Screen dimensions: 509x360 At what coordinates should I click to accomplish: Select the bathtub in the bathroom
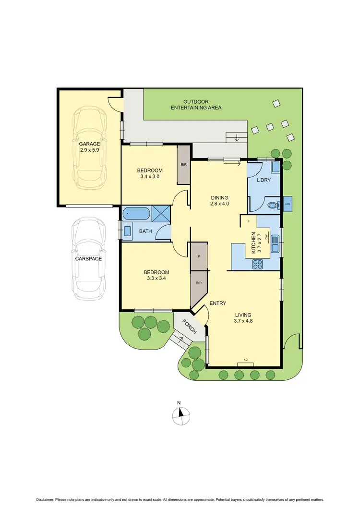click(137, 214)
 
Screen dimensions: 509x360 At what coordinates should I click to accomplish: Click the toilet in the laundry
click(272, 205)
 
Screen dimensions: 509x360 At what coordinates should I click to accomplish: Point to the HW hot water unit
click(288, 204)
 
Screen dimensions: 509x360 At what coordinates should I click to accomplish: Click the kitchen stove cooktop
click(258, 264)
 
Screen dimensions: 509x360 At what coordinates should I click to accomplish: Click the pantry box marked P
click(199, 256)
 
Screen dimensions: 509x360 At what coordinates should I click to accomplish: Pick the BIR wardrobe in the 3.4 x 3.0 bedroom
click(184, 165)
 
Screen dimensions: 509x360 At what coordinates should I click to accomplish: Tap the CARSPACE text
click(88, 258)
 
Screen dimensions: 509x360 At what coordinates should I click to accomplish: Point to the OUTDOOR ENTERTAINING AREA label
click(196, 105)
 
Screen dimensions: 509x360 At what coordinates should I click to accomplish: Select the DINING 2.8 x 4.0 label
click(219, 201)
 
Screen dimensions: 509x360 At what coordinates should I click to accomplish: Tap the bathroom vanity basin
click(128, 231)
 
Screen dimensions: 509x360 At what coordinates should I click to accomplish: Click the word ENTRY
click(217, 303)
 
